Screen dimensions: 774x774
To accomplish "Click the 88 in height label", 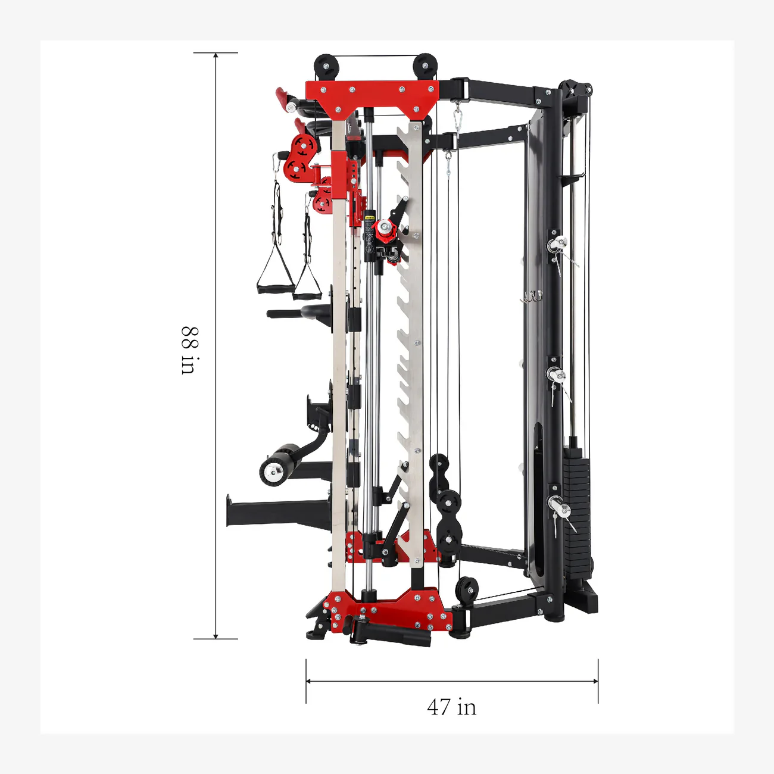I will tap(189, 350).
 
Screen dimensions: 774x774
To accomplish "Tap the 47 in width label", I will tap(451, 707).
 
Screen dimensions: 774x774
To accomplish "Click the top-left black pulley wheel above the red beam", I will tap(326, 65).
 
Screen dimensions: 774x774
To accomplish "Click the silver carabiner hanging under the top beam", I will tap(457, 117).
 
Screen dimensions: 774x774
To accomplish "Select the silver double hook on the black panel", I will tap(532, 296).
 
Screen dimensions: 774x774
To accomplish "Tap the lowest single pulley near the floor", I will tap(467, 589).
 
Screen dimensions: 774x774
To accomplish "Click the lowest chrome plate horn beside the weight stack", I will tap(560, 508).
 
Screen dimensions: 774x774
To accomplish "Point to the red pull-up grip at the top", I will tap(281, 96).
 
